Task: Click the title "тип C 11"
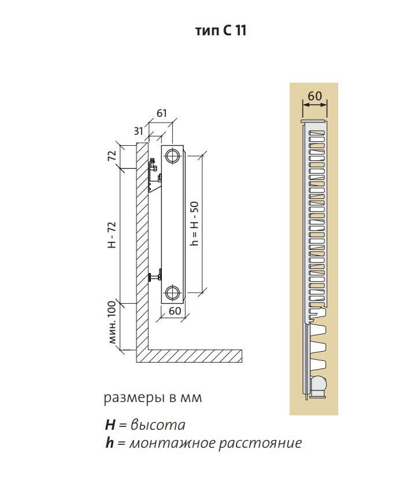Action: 221,31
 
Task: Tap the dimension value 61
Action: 162,113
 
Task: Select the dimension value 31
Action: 139,131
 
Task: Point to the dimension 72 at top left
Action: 113,155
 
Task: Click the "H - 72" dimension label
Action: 112,234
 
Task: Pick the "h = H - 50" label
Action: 195,223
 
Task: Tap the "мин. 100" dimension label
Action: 112,322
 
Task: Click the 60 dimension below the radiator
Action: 175,311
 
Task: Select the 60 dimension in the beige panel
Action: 315,96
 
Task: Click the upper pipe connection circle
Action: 172,156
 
